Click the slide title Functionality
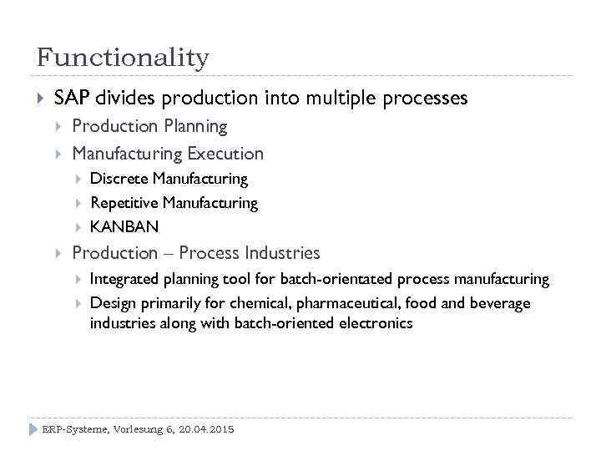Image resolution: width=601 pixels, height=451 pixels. (123, 58)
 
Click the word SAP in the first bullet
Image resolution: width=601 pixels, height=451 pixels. (72, 99)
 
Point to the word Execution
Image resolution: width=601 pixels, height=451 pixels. (225, 154)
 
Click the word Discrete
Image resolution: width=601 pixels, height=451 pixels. (119, 179)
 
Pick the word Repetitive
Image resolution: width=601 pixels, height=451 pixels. (124, 203)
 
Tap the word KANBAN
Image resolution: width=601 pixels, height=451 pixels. (124, 227)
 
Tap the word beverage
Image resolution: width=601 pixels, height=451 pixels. (501, 302)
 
